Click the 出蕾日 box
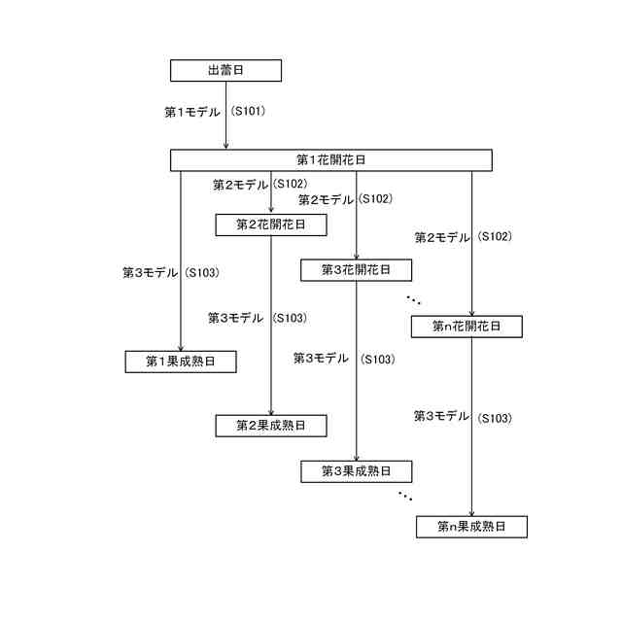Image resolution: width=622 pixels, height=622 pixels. pyautogui.click(x=225, y=70)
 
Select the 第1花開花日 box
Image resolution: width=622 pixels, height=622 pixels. pyautogui.click(x=330, y=159)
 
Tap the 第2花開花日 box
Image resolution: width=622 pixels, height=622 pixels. pyautogui.click(x=270, y=225)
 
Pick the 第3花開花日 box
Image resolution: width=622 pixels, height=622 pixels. pyautogui.click(x=356, y=269)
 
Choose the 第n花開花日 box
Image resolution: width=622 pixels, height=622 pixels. pyautogui.click(x=467, y=327)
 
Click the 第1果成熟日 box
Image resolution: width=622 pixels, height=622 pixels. pyautogui.click(x=181, y=362)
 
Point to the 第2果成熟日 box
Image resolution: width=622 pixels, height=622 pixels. pyautogui.click(x=270, y=426)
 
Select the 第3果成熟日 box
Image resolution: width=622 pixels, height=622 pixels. pyautogui.click(x=356, y=471)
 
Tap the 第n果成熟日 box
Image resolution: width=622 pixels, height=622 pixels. pyautogui.click(x=471, y=527)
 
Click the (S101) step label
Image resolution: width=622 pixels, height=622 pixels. pyautogui.click(x=249, y=112)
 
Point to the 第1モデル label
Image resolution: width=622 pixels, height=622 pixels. pyautogui.click(x=192, y=112)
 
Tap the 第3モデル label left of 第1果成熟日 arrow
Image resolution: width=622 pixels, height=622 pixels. pyautogui.click(x=150, y=273)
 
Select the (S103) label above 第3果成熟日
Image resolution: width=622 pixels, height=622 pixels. pyautogui.click(x=377, y=359)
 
